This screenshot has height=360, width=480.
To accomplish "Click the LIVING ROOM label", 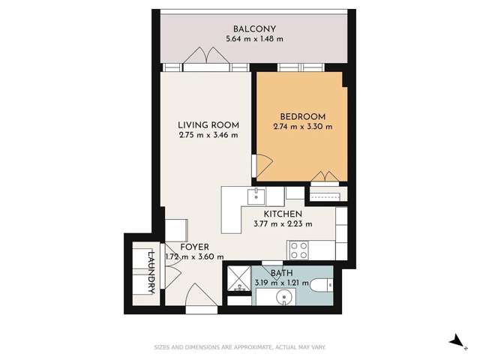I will point(208,124).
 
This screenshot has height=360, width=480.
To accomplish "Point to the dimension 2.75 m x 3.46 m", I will point(208,136).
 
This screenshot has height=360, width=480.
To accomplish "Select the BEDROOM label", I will point(302,116).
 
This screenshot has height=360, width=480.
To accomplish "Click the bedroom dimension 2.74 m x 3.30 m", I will point(302,127).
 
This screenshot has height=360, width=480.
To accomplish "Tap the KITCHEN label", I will point(282,213).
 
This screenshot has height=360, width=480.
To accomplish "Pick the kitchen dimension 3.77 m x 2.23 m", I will point(282,223).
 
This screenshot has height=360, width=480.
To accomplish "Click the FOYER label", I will point(194,247).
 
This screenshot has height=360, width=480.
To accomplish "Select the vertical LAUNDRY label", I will point(151,269).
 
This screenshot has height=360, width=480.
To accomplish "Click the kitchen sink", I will point(256,196).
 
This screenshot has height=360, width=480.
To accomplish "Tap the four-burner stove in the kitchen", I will point(298,248).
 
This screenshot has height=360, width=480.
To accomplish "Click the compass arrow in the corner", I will point(455,341).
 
